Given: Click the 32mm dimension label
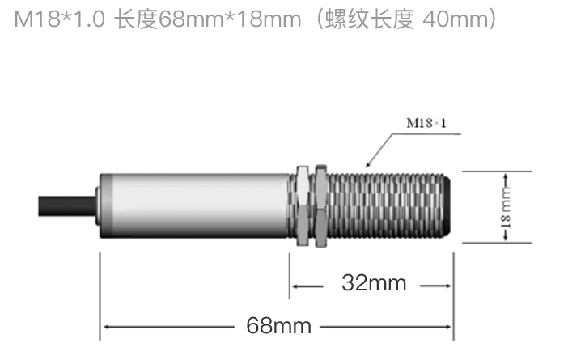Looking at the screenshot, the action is (374, 283).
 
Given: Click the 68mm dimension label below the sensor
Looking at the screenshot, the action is (278, 325).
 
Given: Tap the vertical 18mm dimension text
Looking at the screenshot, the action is (506, 207).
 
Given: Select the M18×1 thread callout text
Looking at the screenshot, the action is (426, 123).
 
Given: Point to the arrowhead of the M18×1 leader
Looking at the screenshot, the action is (368, 164).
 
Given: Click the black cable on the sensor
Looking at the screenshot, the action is (67, 206).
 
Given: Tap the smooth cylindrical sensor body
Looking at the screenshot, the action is (194, 205).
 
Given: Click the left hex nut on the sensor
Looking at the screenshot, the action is (303, 205).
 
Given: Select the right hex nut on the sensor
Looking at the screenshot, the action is (321, 206).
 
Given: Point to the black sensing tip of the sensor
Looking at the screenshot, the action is (447, 205).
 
